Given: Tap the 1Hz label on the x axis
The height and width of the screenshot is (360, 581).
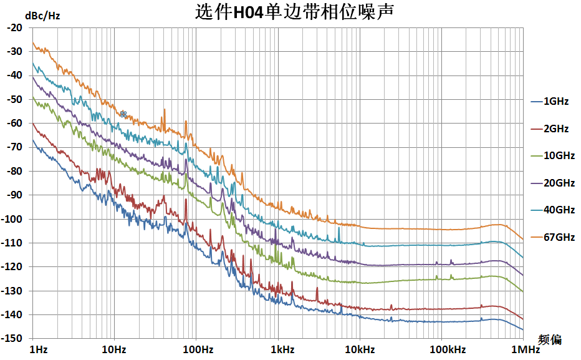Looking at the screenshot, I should (38, 349).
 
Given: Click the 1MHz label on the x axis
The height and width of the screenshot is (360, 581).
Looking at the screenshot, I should (523, 349).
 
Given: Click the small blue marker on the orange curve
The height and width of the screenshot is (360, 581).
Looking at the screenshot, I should (123, 114).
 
